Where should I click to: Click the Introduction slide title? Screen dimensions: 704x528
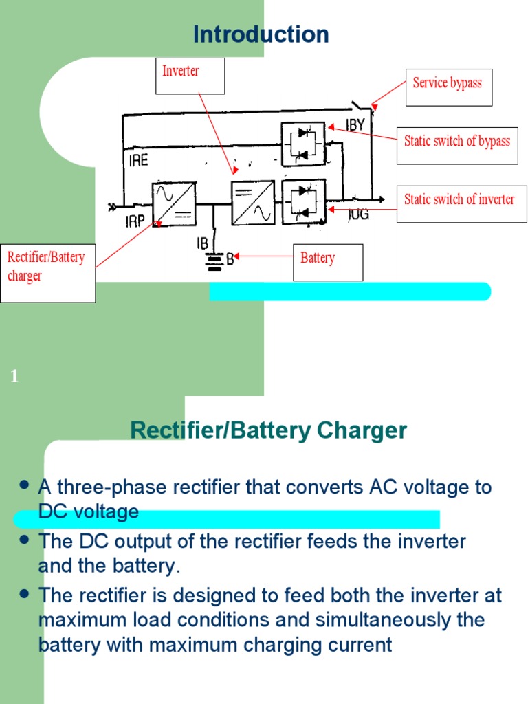261,34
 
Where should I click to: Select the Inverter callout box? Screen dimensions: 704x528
190,76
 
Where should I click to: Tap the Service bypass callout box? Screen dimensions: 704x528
448,87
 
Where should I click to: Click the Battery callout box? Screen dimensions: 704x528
328,262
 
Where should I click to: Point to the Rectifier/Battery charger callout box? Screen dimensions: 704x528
47,273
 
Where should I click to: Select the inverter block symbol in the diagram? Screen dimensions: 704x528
252,203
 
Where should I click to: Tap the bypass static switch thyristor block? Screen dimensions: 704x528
303,144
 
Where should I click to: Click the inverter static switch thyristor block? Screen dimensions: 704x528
303,202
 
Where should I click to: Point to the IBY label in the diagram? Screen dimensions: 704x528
355,125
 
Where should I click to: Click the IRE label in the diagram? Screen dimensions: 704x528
138,161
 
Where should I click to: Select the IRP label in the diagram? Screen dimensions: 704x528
135,221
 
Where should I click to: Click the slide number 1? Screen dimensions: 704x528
14,376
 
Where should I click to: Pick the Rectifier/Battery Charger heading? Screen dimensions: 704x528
269,431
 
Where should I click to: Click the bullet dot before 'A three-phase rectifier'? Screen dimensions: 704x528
25,485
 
